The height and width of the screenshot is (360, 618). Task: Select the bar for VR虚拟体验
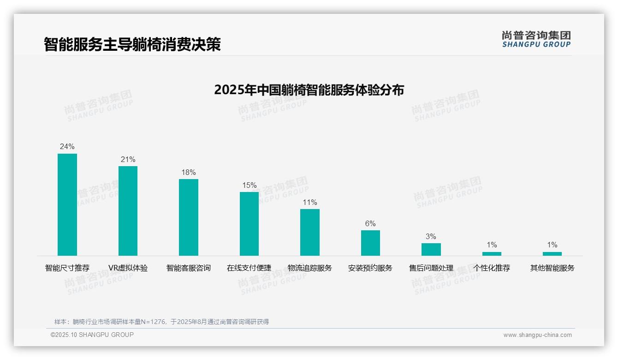(x=128, y=211)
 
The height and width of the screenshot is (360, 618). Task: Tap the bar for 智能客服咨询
(x=189, y=217)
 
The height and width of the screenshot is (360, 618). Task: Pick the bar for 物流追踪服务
(x=310, y=232)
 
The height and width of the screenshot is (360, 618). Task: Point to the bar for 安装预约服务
(x=370, y=243)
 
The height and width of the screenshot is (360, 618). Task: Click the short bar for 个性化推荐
(x=492, y=253)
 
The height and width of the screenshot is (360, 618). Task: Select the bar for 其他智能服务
(x=552, y=253)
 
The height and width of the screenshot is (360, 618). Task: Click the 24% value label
(x=67, y=147)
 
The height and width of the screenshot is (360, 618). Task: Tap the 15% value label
(x=249, y=185)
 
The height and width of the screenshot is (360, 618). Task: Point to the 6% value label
(x=370, y=223)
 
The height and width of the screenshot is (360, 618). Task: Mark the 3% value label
(x=431, y=236)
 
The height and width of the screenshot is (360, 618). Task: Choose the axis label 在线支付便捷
(x=249, y=268)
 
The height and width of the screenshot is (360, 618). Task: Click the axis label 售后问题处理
(x=431, y=268)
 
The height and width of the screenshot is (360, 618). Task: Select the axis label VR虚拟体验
(x=128, y=268)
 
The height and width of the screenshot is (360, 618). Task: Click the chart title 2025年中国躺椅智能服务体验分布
(x=309, y=90)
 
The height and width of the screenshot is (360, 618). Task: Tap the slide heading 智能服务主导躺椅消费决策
(x=132, y=44)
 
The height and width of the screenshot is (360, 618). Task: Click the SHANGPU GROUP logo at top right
(x=536, y=39)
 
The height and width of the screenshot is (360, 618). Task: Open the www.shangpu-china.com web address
(x=537, y=335)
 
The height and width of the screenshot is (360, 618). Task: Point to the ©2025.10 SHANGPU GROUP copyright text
(x=92, y=335)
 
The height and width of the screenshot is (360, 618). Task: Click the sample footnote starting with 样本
(x=161, y=322)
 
